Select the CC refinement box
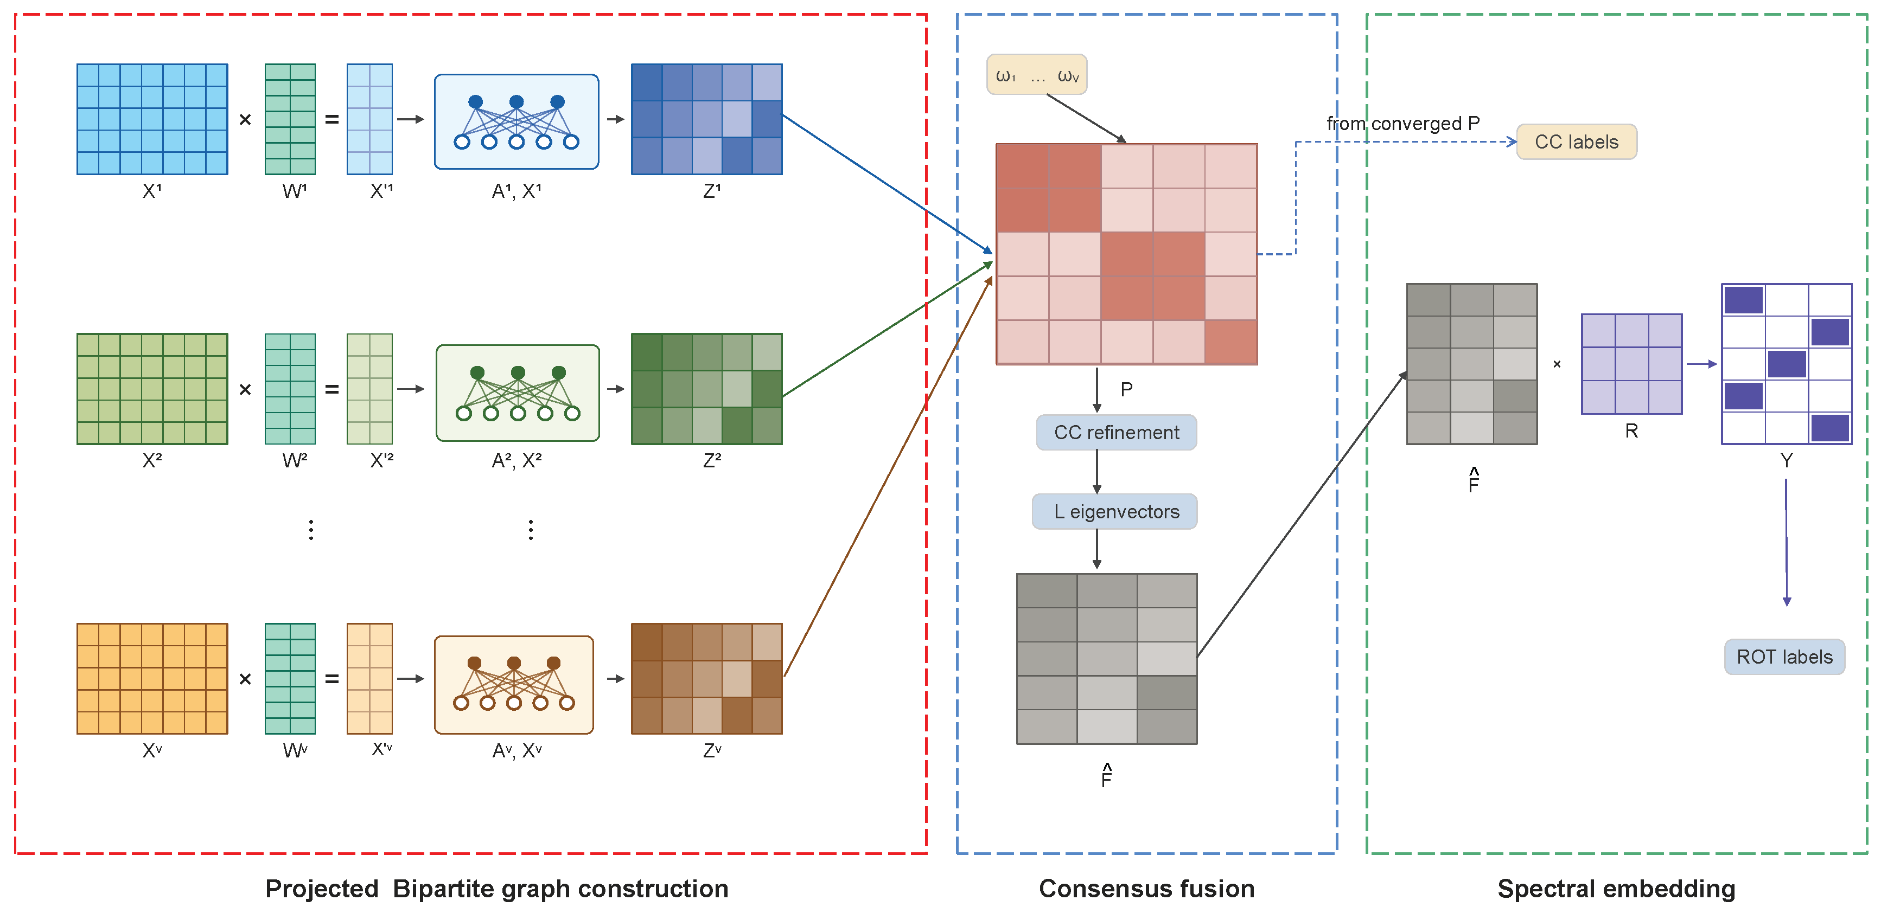coord(1116,432)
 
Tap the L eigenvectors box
coord(1114,512)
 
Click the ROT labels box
coord(1783,657)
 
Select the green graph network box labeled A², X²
coord(517,393)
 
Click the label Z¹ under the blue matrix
coord(712,191)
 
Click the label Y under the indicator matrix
coord(1786,460)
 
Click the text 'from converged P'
coord(1402,123)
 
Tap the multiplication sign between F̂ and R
coord(1557,363)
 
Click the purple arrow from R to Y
coord(1701,363)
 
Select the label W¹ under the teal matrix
coord(294,191)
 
